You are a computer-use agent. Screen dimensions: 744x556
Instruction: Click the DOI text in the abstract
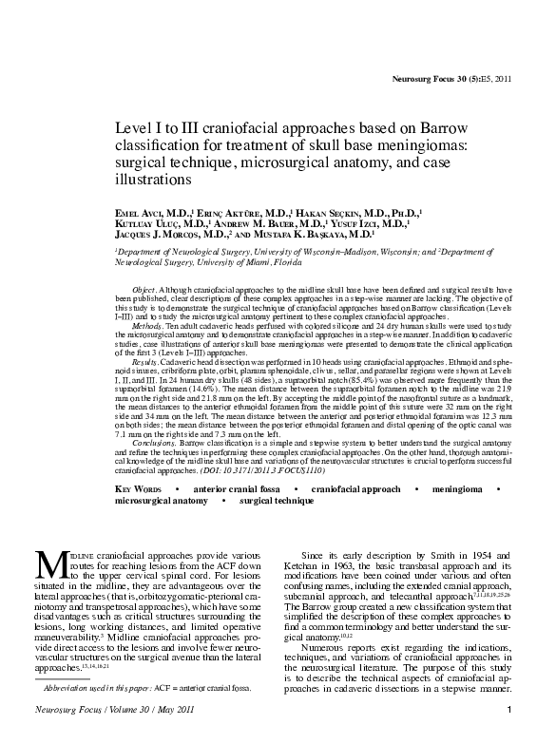(268, 469)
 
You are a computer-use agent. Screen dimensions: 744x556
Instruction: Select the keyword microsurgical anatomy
(159, 500)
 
